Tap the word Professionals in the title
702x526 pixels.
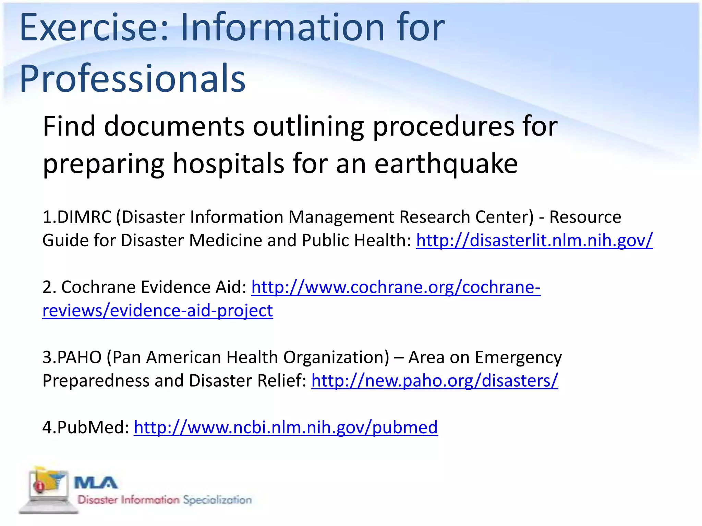(132, 79)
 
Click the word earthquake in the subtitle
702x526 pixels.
(446, 164)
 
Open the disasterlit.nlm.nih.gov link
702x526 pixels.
(534, 240)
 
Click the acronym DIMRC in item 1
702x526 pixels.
(84, 217)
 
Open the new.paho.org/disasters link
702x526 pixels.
(434, 381)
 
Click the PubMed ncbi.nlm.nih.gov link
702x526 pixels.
(286, 427)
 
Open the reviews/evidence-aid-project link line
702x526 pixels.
(158, 311)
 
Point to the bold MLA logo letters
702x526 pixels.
(96, 483)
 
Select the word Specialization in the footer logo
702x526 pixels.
(217, 500)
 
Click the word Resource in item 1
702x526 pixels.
(585, 217)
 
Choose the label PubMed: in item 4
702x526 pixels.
(86, 427)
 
